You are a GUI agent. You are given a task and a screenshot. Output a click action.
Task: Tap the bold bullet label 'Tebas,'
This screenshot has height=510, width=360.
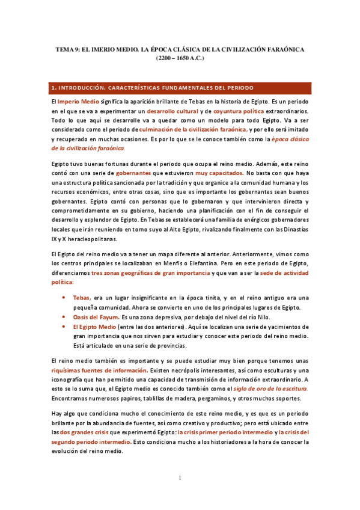[82, 298]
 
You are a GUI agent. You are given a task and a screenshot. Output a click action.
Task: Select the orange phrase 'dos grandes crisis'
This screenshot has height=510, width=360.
[85, 432]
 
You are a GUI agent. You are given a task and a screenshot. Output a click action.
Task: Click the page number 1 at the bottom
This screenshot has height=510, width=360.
[180, 478]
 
